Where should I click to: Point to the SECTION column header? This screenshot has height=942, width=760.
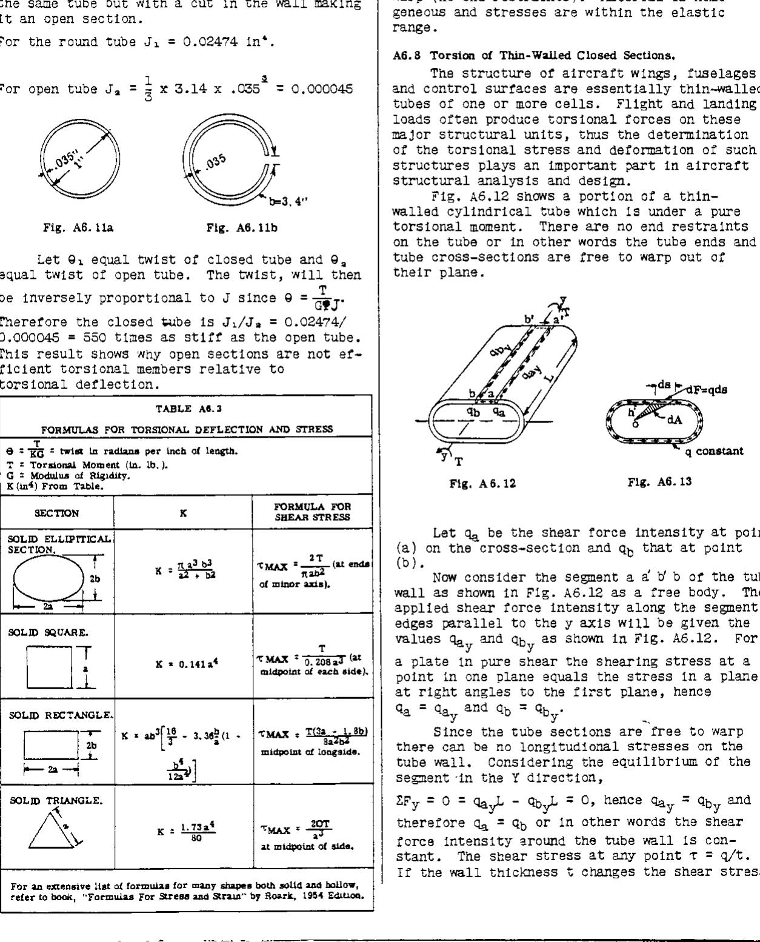click(57, 513)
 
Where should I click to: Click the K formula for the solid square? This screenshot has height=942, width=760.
click(183, 659)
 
